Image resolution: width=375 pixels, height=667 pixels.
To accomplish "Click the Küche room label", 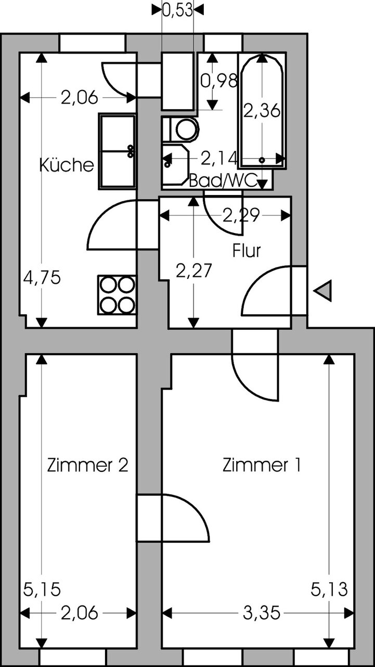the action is [67, 165].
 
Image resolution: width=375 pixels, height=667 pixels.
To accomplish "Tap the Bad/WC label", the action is [223, 181].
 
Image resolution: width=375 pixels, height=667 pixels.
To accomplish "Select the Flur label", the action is [247, 251].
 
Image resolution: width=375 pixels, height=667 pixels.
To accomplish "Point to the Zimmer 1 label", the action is [262, 465].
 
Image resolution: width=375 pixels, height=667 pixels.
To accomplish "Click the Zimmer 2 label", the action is [87, 465].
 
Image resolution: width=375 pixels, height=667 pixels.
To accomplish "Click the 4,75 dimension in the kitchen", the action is [42, 277].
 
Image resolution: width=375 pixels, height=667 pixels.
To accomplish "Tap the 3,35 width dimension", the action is [262, 613].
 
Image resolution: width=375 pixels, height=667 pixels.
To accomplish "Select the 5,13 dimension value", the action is [329, 589].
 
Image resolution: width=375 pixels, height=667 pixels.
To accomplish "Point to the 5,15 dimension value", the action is [42, 589].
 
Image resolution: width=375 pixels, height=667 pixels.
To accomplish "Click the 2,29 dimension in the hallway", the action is [241, 215].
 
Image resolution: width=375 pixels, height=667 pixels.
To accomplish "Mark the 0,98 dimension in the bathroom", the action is [219, 81].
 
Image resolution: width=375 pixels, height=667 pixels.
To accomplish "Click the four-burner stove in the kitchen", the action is [117, 295].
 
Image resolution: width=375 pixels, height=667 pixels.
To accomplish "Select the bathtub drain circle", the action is [262, 160].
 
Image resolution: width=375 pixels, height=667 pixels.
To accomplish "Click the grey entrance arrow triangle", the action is [322, 291].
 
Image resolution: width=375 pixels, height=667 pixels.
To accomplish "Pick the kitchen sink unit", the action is [117, 151].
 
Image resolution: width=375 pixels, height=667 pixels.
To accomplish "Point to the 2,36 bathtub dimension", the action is [262, 110].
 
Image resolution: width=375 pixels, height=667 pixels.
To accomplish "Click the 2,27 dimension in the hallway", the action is [194, 271].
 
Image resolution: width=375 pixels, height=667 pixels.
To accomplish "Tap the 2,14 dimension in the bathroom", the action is [219, 158].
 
